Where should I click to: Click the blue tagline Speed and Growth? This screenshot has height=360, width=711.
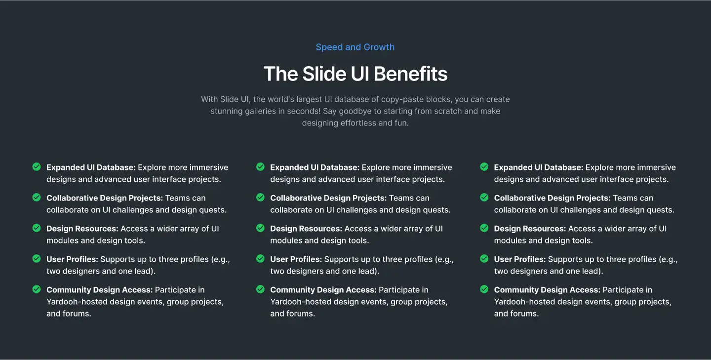[x=355, y=47]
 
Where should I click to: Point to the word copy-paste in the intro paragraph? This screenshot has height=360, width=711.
[x=387, y=99]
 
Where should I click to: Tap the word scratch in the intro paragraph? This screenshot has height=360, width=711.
[x=443, y=111]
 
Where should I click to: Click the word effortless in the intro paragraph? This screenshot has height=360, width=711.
[x=358, y=123]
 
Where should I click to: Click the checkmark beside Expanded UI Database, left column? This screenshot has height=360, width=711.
[x=37, y=167]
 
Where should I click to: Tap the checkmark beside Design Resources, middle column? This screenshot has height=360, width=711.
[x=260, y=228]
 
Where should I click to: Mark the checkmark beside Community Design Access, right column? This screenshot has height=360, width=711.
[x=484, y=289]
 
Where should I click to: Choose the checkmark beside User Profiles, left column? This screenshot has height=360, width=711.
[x=37, y=259]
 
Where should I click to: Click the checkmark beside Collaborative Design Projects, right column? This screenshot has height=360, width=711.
[x=484, y=198]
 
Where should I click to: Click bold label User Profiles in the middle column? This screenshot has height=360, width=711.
[x=296, y=259]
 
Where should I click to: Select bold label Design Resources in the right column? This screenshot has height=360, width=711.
[x=530, y=229]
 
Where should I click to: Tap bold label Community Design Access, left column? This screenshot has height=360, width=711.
[x=99, y=290]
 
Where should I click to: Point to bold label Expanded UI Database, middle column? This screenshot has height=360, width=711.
[x=315, y=167]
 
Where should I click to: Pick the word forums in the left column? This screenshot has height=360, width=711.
[x=77, y=314]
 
